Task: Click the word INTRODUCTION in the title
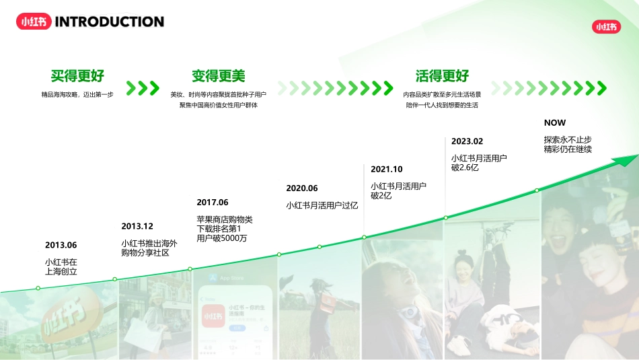(109, 22)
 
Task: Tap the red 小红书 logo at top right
(605, 27)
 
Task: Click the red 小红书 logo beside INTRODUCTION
(33, 22)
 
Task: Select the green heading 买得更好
(77, 75)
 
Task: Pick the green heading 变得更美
(219, 75)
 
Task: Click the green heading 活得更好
(442, 75)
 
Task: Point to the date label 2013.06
(61, 245)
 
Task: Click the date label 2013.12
(137, 226)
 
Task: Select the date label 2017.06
(213, 202)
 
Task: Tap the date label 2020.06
(302, 188)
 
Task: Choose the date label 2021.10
(387, 169)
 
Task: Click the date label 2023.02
(467, 141)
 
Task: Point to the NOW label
(555, 122)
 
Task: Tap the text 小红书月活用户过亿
(322, 205)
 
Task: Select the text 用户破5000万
(221, 238)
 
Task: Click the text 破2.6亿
(465, 168)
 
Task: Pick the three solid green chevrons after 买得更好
(143, 88)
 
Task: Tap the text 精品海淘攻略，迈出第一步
(77, 95)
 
